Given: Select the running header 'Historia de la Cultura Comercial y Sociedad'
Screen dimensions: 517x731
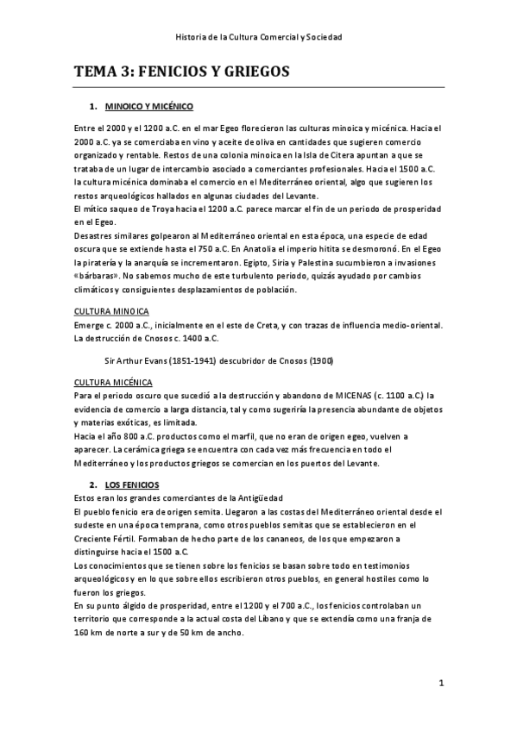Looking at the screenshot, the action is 258,38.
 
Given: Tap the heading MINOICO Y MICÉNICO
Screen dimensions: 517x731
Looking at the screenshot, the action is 148,107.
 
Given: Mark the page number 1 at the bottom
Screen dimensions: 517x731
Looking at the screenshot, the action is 440,684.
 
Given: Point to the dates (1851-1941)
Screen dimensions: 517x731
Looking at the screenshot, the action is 195,359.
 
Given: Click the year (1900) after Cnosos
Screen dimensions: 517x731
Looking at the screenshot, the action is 321,359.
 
